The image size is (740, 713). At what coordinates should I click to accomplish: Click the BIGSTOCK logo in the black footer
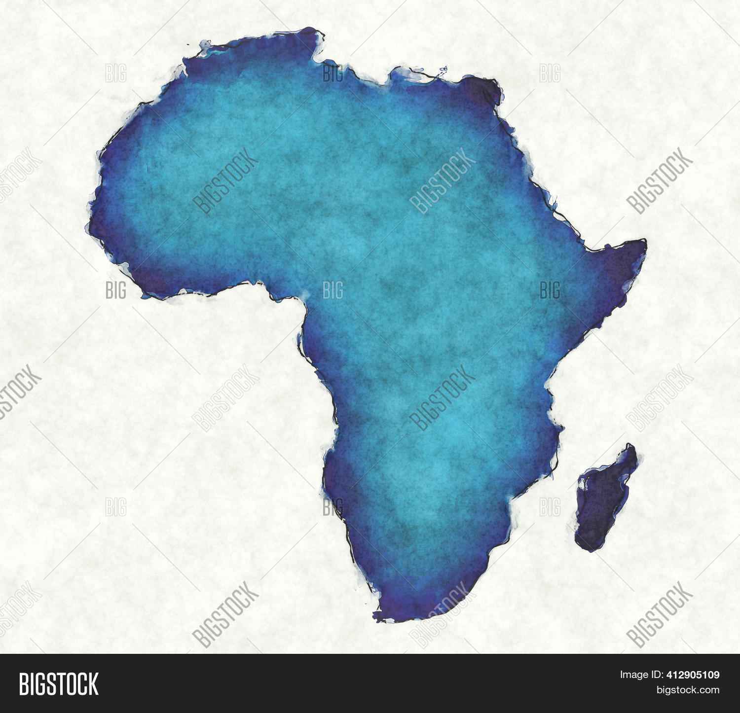point(59,684)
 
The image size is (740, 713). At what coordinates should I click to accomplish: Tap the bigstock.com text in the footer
point(688,689)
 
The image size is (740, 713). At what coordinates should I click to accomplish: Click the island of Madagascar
point(604,498)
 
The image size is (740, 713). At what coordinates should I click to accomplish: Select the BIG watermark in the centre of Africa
point(333,290)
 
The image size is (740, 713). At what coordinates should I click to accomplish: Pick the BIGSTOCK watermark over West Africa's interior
point(225,180)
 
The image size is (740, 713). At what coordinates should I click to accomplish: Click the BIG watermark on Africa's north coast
point(333,73)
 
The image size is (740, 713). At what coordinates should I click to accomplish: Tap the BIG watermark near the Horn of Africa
point(550,290)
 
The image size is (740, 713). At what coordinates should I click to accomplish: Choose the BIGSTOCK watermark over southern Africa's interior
point(442,397)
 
